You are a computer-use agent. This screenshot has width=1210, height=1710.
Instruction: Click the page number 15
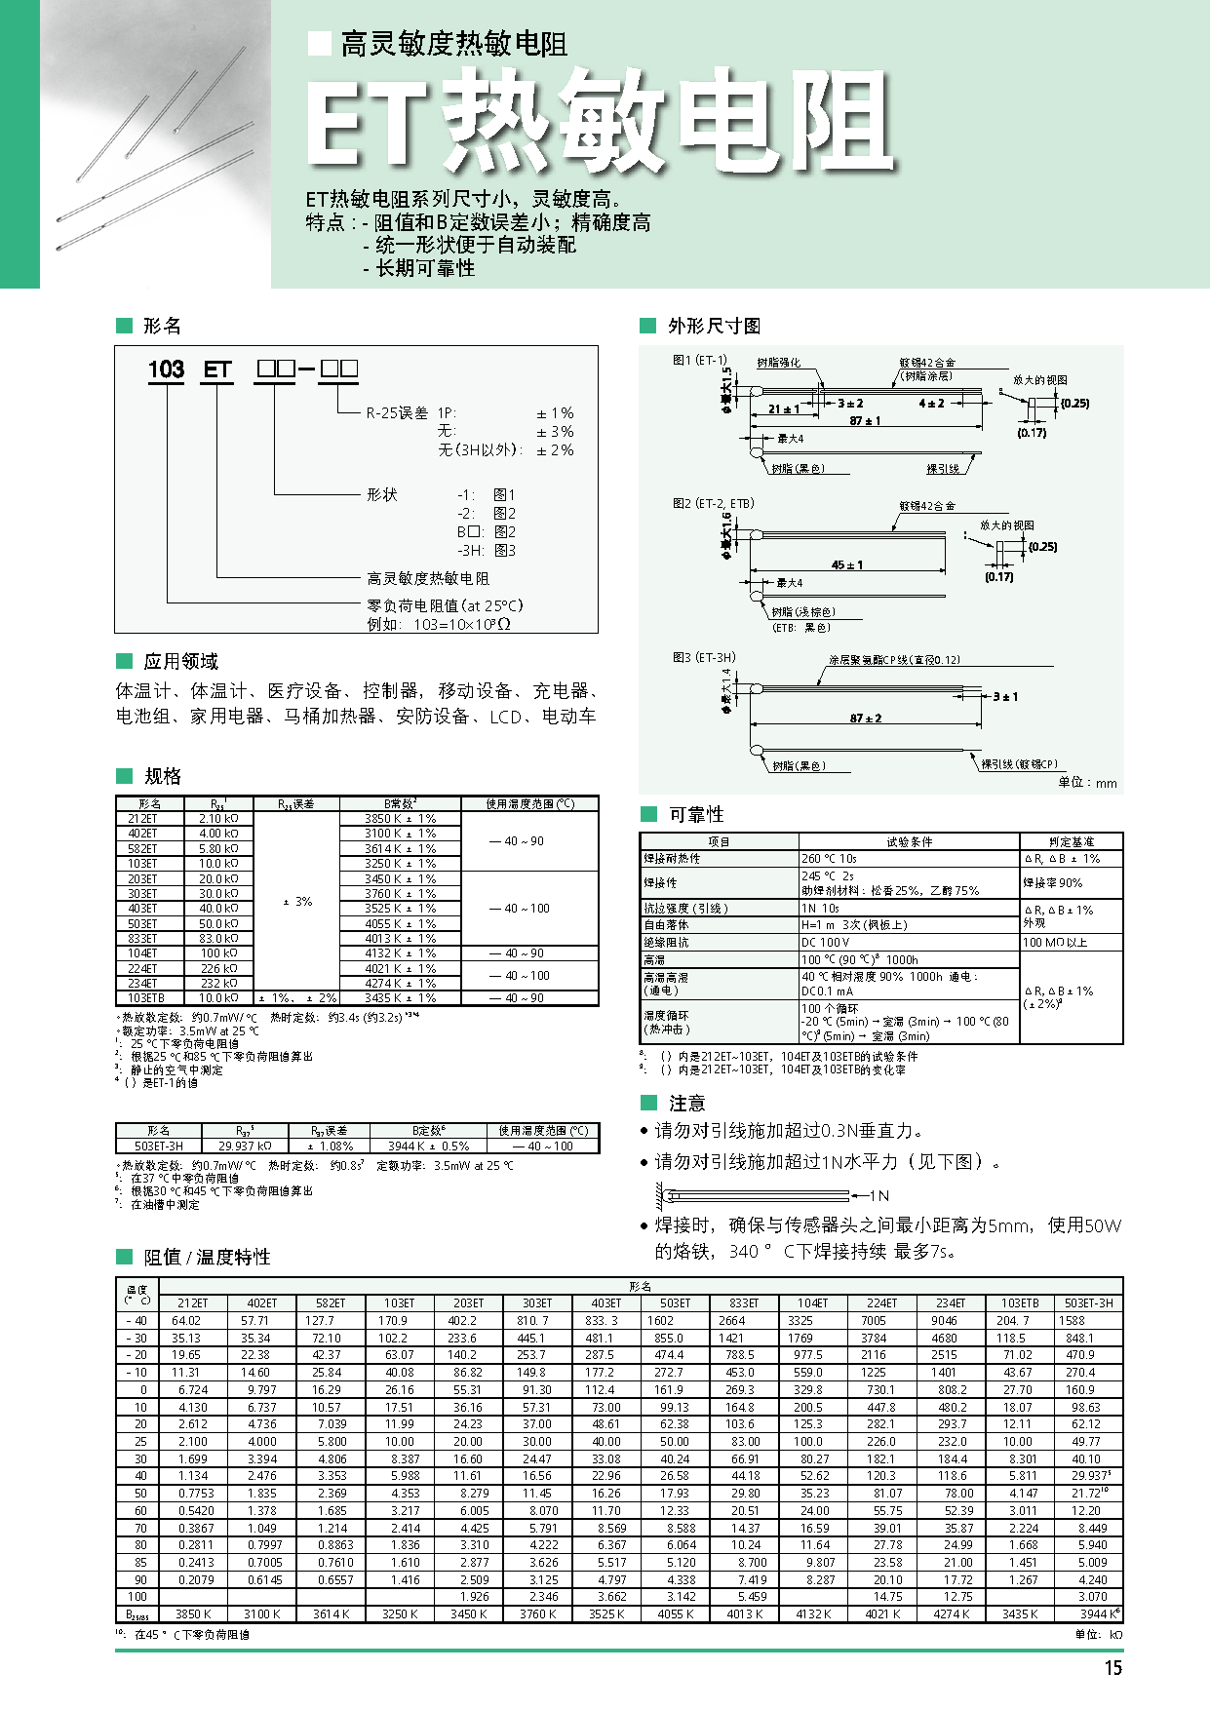tap(1112, 1668)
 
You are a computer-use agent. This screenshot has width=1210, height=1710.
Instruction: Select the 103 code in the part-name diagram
tap(166, 369)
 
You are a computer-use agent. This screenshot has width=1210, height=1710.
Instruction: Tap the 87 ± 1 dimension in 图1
tap(865, 421)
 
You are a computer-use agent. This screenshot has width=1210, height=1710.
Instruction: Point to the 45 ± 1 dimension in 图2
tap(846, 564)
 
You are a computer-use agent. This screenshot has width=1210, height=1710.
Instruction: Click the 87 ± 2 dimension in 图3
tap(865, 719)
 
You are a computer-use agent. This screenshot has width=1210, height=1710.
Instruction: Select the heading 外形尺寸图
tap(714, 326)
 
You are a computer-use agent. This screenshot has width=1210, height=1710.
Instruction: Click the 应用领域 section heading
tap(180, 662)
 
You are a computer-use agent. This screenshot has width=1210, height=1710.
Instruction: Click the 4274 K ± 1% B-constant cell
tap(400, 984)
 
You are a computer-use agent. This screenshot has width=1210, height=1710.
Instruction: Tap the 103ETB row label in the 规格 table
tap(146, 998)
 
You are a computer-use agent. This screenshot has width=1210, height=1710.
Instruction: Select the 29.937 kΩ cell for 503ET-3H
tap(245, 1146)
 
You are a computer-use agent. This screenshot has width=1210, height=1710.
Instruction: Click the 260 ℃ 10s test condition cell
tap(829, 859)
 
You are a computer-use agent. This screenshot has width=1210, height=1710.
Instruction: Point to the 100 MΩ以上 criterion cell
tap(1054, 943)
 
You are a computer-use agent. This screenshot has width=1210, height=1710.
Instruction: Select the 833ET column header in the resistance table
tap(744, 1303)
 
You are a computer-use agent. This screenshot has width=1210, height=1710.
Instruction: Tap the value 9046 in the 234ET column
tap(944, 1321)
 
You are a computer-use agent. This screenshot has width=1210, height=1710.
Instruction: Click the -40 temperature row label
tap(137, 1321)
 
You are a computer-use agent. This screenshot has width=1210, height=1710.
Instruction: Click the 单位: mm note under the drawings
tap(1087, 783)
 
